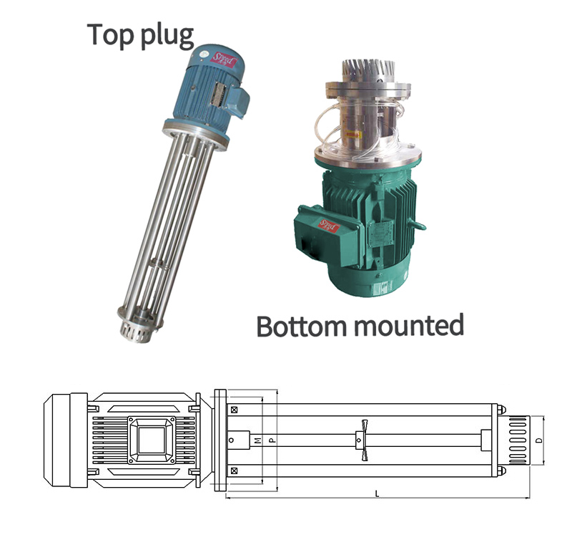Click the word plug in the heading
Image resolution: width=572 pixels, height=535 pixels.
tap(167, 37)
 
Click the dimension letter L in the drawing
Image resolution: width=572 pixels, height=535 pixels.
tap(377, 494)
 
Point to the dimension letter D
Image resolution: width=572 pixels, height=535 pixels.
tap(540, 440)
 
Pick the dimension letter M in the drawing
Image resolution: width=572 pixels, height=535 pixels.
tap(258, 440)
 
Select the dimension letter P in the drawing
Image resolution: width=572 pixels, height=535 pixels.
tap(272, 440)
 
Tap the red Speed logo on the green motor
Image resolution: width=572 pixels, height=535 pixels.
tap(329, 226)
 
